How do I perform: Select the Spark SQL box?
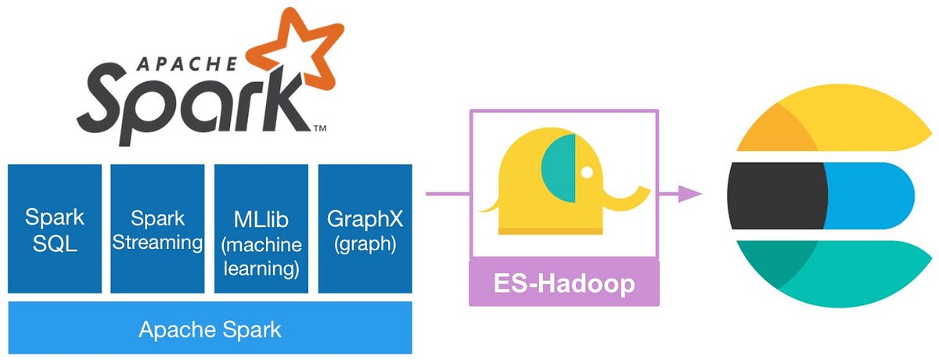55,229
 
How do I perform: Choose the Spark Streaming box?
157,229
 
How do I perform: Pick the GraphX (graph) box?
365,229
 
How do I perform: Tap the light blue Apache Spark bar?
210,328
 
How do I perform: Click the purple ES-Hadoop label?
563,283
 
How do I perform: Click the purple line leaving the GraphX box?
446,193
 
